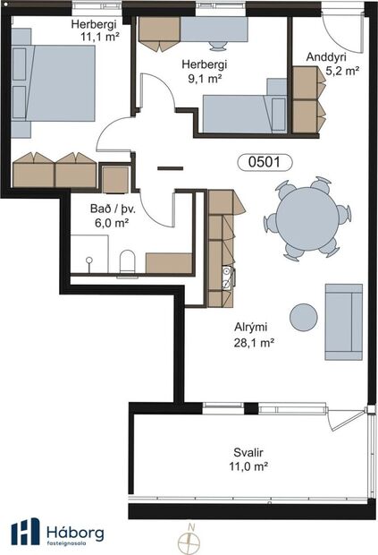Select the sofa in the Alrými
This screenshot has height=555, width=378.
[343, 321]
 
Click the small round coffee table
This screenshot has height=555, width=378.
[305, 317]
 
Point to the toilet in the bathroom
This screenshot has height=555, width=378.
[127, 260]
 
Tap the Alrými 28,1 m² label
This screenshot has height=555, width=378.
[253, 334]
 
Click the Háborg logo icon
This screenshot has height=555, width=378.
[25, 531]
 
